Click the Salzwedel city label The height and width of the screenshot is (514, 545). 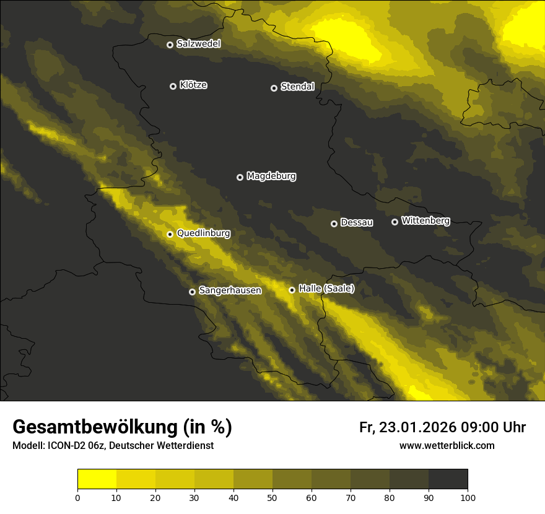coord(198,44)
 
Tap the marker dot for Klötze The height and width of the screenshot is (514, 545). coord(173,86)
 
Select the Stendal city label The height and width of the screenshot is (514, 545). coord(297,87)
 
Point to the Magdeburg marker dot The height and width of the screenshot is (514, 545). coord(240,177)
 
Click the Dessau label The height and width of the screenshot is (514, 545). coord(357,223)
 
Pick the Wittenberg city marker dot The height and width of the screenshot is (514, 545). coord(395,222)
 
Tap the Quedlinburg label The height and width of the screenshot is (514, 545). coord(203,233)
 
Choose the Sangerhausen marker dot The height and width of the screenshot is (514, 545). coord(192,292)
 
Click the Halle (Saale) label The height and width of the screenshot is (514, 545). coord(326,289)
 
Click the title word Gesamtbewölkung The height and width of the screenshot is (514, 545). coord(95,427)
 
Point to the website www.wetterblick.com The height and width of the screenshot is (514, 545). coord(447,446)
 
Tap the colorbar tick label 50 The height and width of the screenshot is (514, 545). coord(272,497)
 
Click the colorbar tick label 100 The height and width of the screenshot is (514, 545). coord(468,497)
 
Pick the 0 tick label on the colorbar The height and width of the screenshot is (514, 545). coord(77,497)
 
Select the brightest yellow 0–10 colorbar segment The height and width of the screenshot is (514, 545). coord(97,479)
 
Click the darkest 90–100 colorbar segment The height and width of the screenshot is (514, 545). coord(448,479)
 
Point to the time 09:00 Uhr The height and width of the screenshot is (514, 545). coord(493,427)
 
